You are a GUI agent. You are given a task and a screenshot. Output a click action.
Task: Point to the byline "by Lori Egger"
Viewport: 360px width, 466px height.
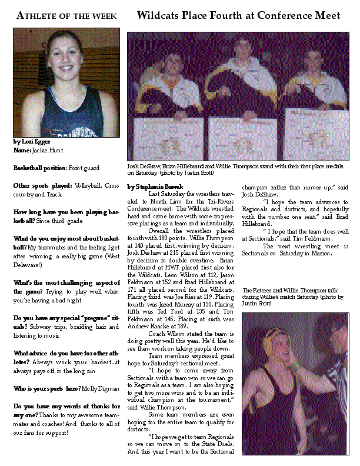[x=32, y=142]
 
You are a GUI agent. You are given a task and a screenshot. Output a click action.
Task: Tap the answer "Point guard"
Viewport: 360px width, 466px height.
[x=85, y=168]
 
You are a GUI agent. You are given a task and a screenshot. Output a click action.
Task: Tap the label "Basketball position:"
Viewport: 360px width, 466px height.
[x=39, y=168]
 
